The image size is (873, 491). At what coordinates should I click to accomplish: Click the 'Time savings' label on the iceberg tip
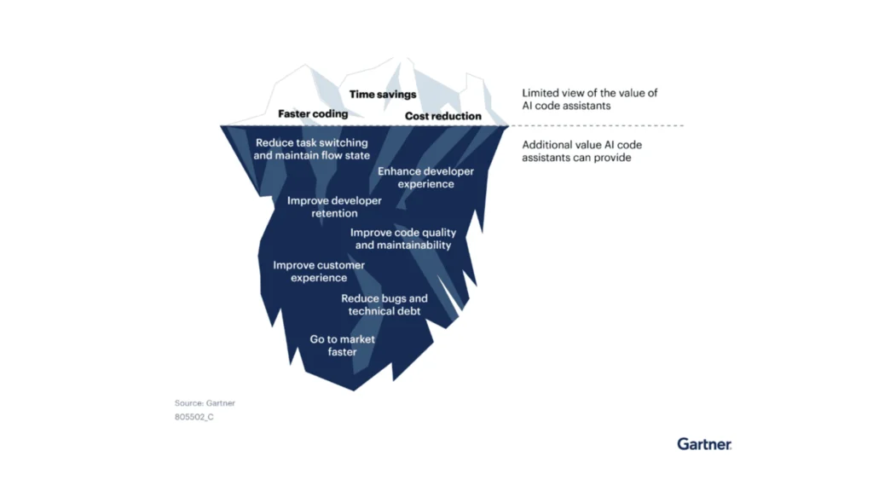(383, 95)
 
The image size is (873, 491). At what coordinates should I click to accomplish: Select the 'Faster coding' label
(313, 113)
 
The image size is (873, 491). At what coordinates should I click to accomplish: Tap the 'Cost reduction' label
(442, 116)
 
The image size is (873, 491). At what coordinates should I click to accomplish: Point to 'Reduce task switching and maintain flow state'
(312, 149)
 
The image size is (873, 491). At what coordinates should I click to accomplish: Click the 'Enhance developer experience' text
(425, 177)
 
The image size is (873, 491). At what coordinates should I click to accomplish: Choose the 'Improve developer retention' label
(334, 207)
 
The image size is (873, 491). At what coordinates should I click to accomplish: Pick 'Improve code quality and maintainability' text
(403, 239)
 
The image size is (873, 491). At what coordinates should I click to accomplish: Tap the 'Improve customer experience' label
(319, 271)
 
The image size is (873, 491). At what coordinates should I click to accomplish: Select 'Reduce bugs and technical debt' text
(384, 305)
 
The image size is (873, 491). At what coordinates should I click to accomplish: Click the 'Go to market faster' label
(343, 345)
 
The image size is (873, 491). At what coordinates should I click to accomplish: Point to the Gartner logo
(704, 444)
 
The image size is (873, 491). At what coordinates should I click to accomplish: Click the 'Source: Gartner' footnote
(205, 403)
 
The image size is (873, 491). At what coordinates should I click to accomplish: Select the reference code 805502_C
(194, 417)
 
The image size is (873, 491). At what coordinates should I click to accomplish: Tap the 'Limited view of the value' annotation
(590, 100)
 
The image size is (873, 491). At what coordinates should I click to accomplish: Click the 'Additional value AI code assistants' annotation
(582, 151)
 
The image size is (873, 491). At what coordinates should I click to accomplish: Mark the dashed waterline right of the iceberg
(597, 126)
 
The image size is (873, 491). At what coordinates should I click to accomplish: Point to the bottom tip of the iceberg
(354, 390)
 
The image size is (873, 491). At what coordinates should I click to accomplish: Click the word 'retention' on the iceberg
(334, 214)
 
